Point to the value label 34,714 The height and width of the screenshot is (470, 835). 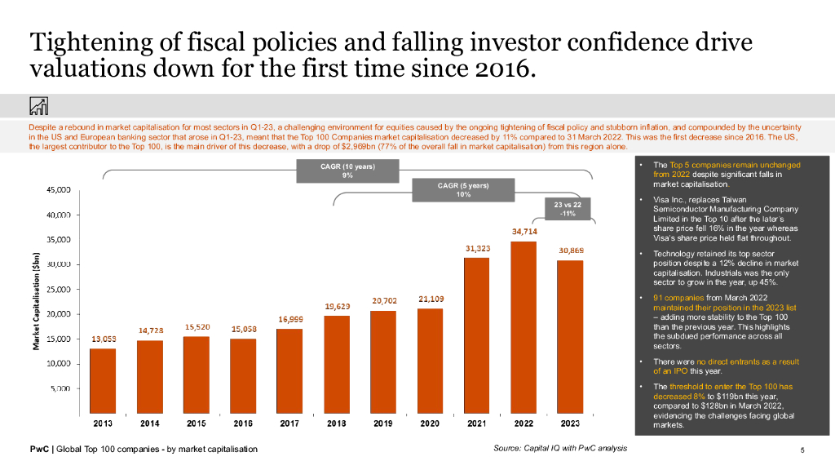(524, 232)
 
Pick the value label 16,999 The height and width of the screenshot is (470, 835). (290, 319)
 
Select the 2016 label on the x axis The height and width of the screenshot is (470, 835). (243, 423)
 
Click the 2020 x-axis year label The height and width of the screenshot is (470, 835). (431, 423)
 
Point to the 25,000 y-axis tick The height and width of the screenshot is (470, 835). (58, 289)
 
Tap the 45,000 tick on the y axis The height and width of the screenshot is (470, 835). (58, 190)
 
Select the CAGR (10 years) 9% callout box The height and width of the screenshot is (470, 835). (347, 171)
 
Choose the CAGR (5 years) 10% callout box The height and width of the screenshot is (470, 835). (463, 190)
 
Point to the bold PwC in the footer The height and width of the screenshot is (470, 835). (38, 450)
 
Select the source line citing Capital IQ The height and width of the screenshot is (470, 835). (560, 448)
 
